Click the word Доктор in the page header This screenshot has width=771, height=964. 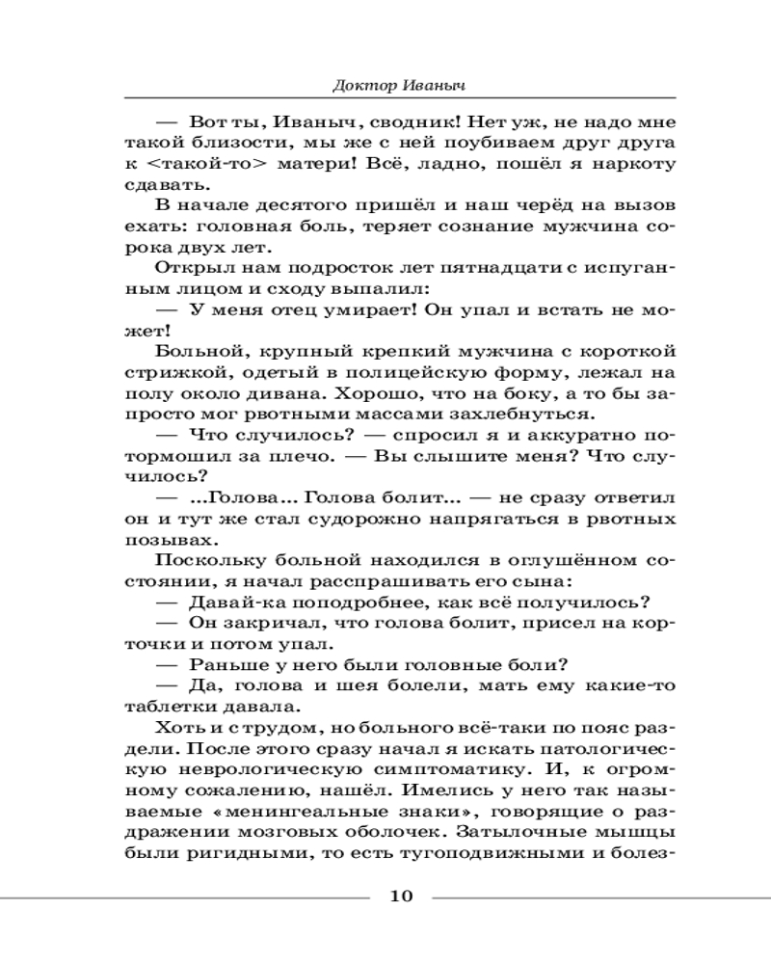point(358,86)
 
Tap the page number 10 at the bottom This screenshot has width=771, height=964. point(401,897)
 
